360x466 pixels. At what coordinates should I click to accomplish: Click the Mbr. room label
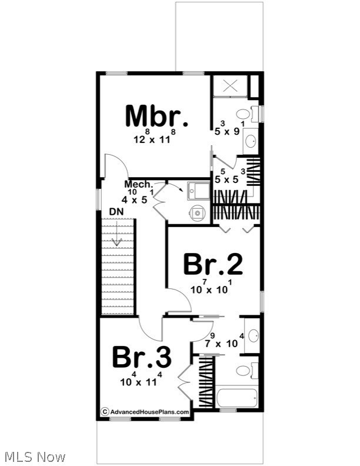pos(156,116)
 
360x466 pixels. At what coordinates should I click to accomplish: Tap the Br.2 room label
pos(212,264)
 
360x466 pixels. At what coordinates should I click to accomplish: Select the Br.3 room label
pos(142,356)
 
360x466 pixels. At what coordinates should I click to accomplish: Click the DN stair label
pos(116,212)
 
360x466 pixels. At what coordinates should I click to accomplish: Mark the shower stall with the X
pos(229,86)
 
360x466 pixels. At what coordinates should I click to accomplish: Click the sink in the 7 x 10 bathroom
pos(252,335)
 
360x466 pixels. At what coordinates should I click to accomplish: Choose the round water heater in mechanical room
pos(196,212)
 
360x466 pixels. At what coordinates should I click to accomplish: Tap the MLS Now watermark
pos(34,456)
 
